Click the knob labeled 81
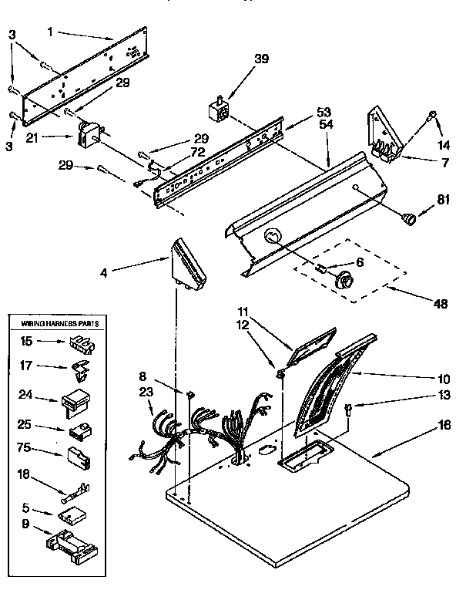pyautogui.click(x=409, y=218)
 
